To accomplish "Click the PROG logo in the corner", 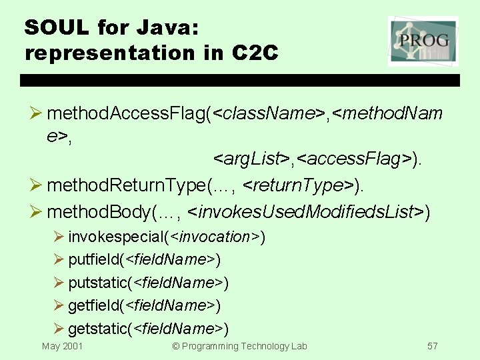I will coord(423,41).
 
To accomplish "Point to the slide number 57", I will coord(433,346).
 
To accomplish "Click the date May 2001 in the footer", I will coord(63,346).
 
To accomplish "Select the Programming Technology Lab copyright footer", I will coord(240,346).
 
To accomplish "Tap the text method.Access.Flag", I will coord(127,114).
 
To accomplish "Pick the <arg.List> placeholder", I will coord(251,159).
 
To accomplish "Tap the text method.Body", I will coord(100,212).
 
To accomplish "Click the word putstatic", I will coord(101,283).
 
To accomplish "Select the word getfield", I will coord(96,305).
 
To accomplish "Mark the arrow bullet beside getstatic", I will coord(59,328).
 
